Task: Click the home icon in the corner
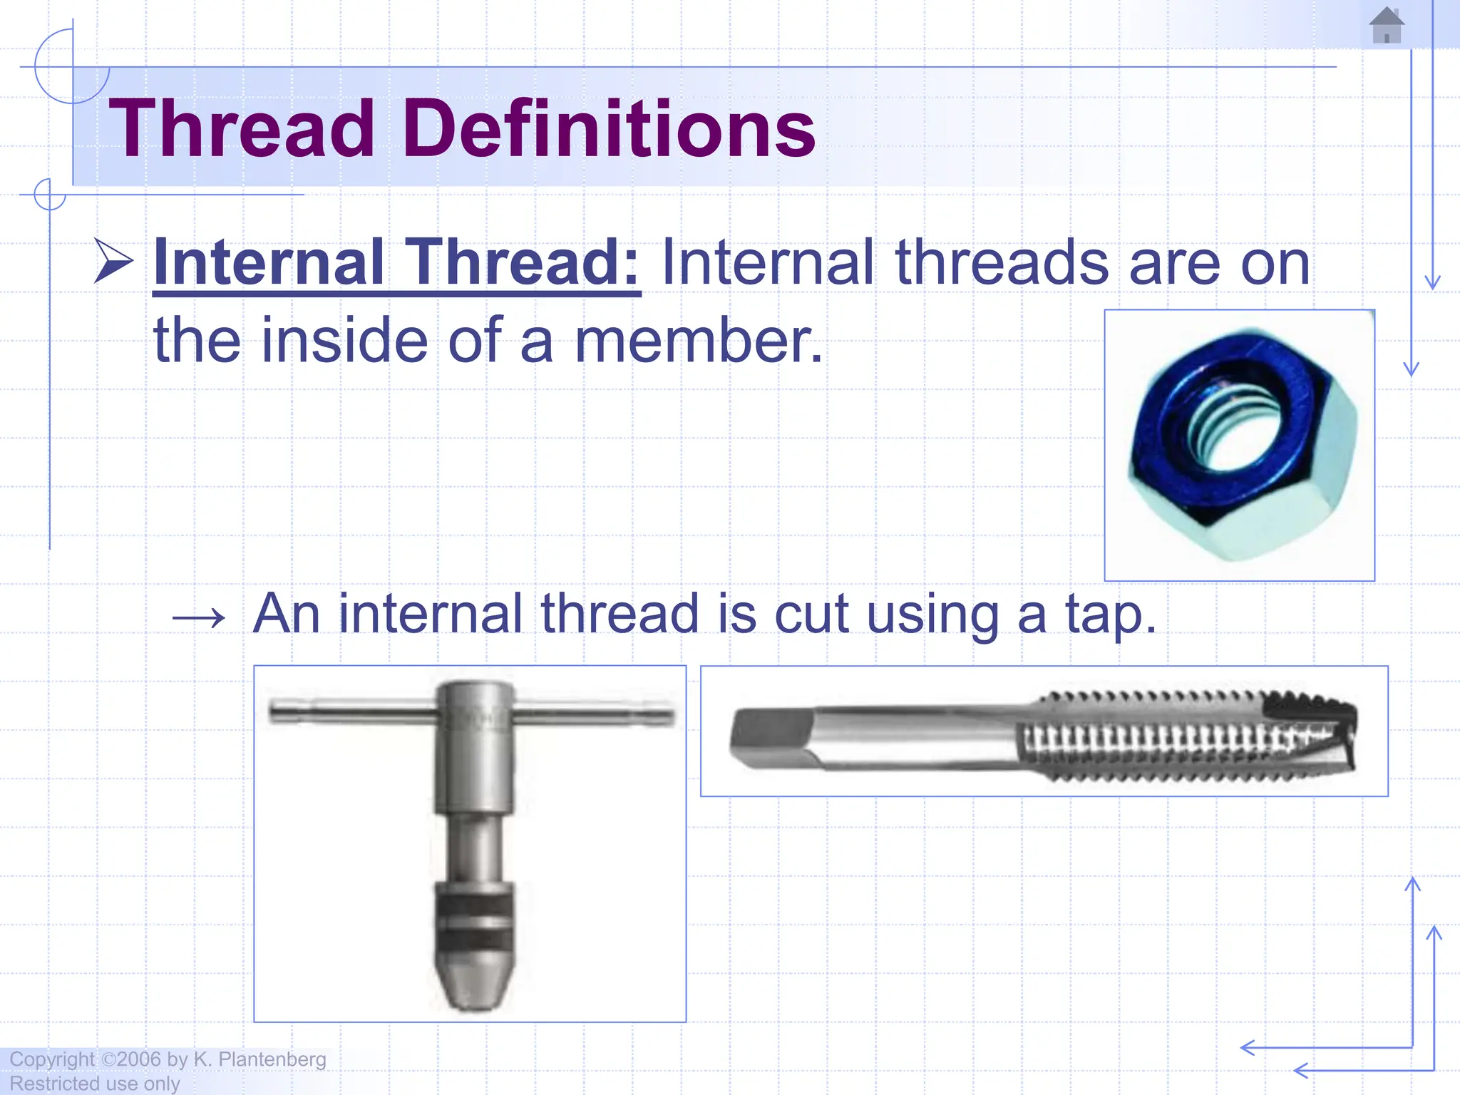pyautogui.click(x=1386, y=26)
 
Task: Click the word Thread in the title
pyautogui.click(x=242, y=129)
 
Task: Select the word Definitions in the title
pyautogui.click(x=610, y=129)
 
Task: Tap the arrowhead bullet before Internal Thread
pyautogui.click(x=114, y=261)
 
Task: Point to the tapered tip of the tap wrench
pyautogui.click(x=473, y=991)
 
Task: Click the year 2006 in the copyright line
pyautogui.click(x=139, y=1059)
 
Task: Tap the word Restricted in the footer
pyautogui.click(x=53, y=1084)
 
